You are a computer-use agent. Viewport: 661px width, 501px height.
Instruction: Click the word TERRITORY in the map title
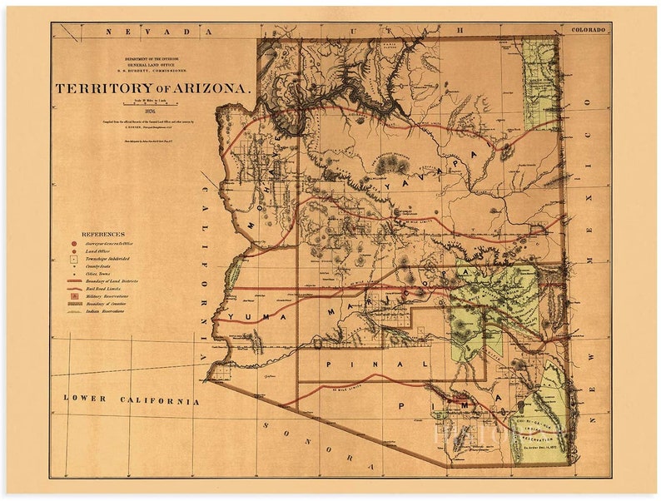[107, 87]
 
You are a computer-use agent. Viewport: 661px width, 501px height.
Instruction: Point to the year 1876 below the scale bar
[150, 111]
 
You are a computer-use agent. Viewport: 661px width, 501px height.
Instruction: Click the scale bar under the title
[150, 103]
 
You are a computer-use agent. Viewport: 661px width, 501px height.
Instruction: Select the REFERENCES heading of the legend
[103, 235]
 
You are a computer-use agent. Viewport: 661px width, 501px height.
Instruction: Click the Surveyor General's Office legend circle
[75, 243]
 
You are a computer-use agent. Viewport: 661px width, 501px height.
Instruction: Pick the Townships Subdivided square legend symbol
[75, 259]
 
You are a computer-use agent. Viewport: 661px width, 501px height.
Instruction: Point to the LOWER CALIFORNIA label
[132, 400]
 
